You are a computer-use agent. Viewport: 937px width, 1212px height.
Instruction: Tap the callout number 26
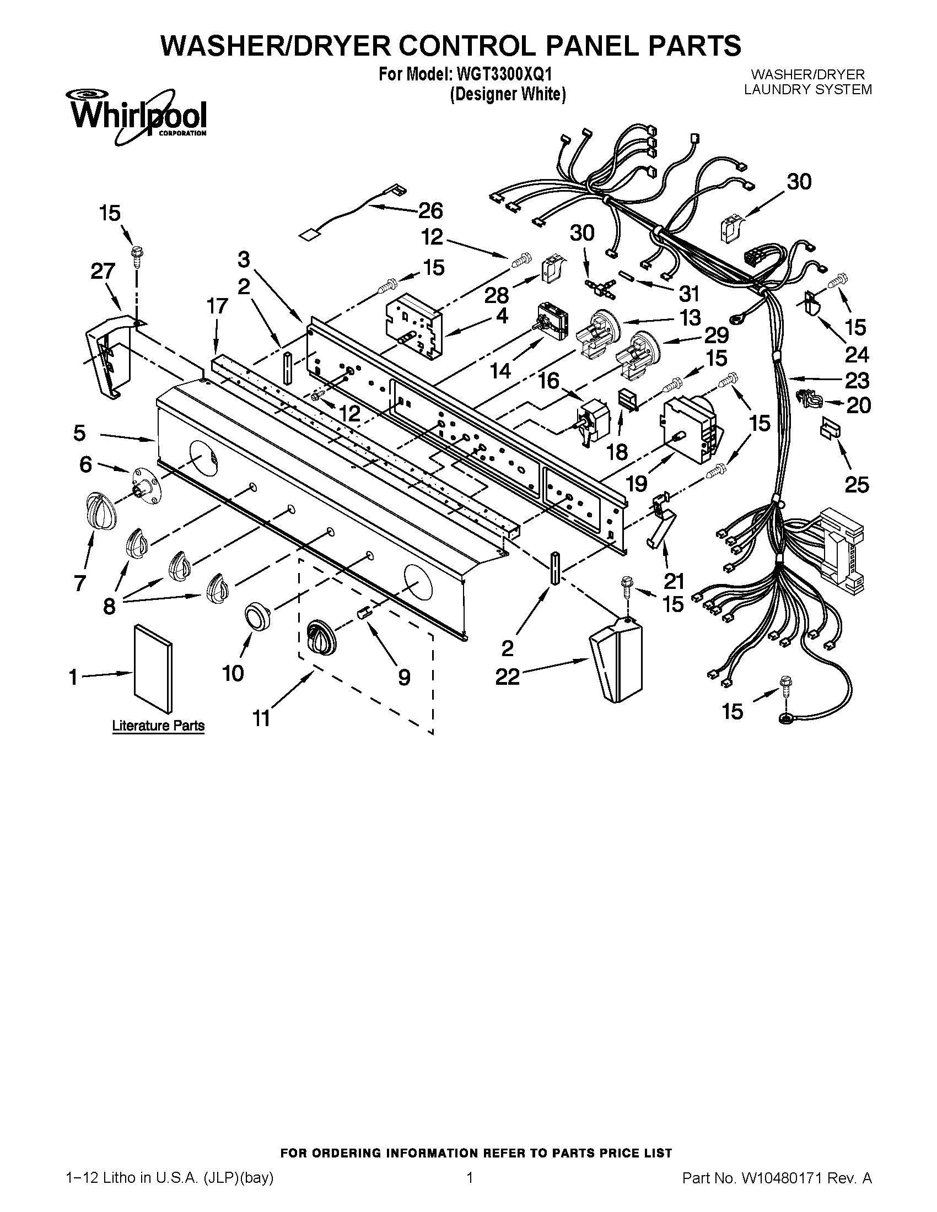tap(430, 211)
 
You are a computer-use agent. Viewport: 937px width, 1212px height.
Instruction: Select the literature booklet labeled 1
tap(153, 668)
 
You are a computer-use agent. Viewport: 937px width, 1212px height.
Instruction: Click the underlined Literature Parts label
tap(158, 726)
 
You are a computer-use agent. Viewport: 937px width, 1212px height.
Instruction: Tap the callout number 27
tap(103, 272)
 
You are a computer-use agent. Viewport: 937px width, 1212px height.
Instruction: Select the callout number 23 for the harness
tap(857, 381)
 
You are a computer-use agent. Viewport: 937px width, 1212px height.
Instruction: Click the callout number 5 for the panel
tap(80, 434)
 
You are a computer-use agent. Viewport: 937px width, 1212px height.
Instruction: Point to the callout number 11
tap(261, 718)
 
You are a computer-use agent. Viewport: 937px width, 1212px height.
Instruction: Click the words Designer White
tap(507, 95)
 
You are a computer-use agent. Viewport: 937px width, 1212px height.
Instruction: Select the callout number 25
tap(857, 485)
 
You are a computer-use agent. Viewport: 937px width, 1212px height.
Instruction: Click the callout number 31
tap(689, 294)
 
